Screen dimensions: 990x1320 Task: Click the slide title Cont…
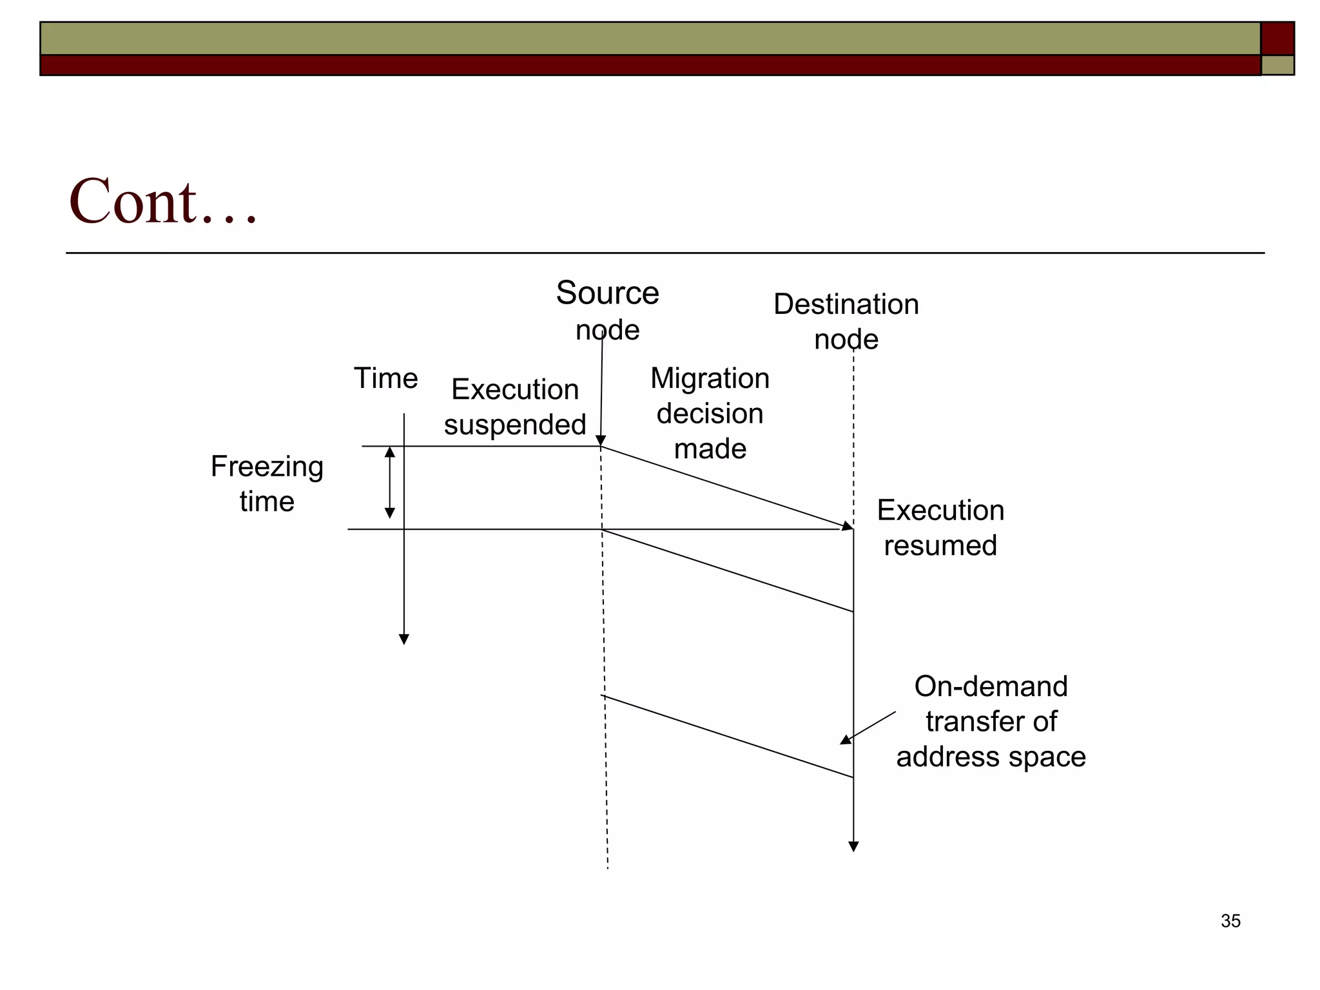[162, 201]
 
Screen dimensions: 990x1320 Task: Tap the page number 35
[1230, 921]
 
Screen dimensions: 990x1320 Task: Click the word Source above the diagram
[607, 293]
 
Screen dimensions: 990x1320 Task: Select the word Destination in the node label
[846, 304]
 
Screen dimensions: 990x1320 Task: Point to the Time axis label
[385, 378]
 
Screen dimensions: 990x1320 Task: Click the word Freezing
[267, 467]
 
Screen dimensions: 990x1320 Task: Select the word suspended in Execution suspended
[514, 425]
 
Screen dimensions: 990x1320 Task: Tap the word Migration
[710, 378]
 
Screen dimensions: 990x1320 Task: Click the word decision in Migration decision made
[710, 414]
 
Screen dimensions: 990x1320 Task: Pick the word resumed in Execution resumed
[940, 546]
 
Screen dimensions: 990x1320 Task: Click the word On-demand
[991, 686]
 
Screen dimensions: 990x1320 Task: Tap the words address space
[991, 757]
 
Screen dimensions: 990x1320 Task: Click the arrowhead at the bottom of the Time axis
[404, 639]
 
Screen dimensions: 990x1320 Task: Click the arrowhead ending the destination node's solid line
[853, 846]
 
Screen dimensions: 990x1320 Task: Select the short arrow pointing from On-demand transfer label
[868, 728]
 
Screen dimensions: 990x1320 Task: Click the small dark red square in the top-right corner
[1277, 39]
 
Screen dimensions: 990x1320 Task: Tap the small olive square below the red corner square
[1277, 65]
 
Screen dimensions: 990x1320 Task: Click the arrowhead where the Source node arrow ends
[601, 441]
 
